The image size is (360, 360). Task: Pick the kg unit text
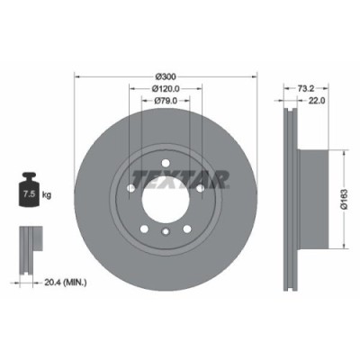(x=47, y=193)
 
